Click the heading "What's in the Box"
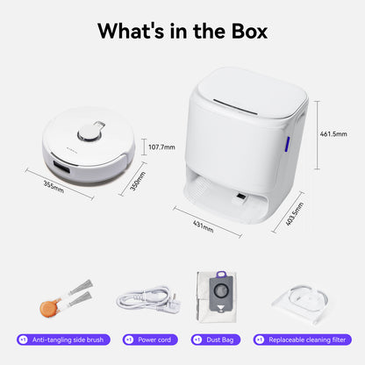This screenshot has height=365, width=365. pos(182,31)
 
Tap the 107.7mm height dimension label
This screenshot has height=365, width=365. pos(161,147)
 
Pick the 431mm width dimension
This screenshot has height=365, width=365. pos(203,225)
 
